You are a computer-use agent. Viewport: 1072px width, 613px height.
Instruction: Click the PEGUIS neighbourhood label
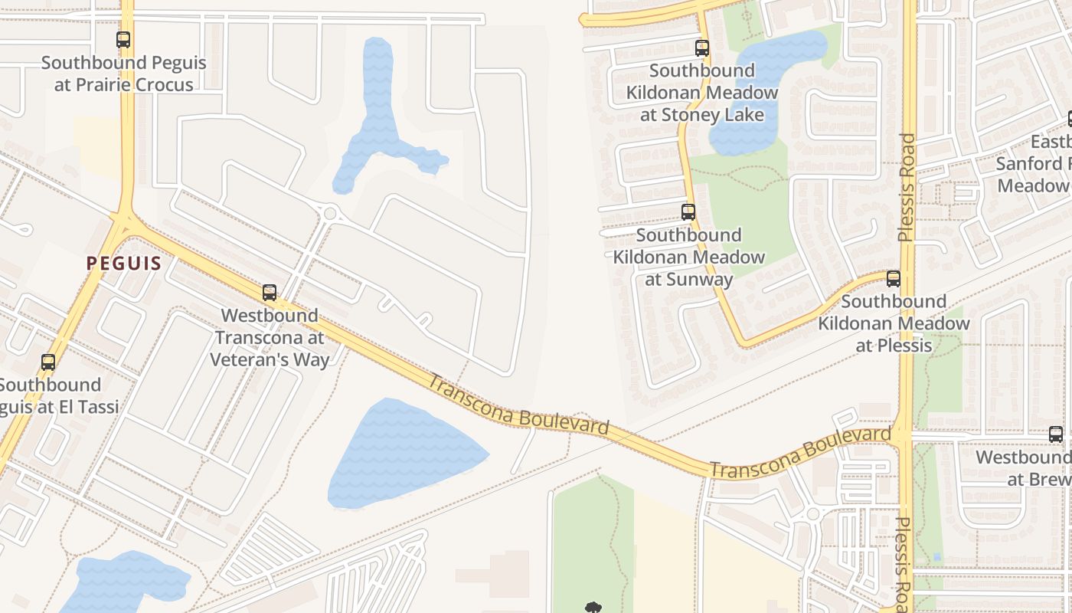pyautogui.click(x=123, y=264)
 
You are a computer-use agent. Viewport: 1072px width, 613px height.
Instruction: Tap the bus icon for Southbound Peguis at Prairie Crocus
pyautogui.click(x=123, y=40)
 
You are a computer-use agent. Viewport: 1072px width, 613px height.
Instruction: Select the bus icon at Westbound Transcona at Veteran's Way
pyautogui.click(x=270, y=293)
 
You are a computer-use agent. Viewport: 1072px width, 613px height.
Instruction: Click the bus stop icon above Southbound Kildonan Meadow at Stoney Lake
pyautogui.click(x=702, y=48)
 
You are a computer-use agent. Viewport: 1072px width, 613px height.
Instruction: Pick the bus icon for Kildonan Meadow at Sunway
pyautogui.click(x=688, y=212)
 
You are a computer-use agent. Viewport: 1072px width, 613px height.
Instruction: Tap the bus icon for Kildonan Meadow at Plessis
pyautogui.click(x=894, y=279)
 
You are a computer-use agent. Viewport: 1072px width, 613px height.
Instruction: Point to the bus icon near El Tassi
pyautogui.click(x=48, y=362)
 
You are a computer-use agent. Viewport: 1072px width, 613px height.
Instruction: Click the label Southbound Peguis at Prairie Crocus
pyautogui.click(x=123, y=74)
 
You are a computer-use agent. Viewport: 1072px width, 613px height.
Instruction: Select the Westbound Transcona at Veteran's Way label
pyautogui.click(x=270, y=337)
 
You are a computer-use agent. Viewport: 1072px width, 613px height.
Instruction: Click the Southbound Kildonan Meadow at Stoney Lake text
pyautogui.click(x=702, y=93)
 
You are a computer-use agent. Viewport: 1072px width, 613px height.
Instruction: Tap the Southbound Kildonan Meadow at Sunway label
pyautogui.click(x=688, y=257)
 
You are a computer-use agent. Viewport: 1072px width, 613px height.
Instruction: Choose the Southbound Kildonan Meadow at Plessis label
pyautogui.click(x=894, y=323)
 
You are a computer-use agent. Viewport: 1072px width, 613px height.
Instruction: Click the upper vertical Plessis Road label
pyautogui.click(x=907, y=188)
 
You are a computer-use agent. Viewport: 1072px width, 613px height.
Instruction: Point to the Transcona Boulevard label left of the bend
pyautogui.click(x=518, y=405)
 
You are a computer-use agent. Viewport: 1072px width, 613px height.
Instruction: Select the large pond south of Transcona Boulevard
pyautogui.click(x=402, y=454)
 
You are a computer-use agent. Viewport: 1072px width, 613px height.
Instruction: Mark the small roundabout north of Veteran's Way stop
pyautogui.click(x=331, y=213)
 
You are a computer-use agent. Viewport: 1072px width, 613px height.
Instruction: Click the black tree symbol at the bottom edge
pyautogui.click(x=593, y=608)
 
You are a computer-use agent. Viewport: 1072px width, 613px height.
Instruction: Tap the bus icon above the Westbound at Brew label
pyautogui.click(x=1056, y=434)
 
